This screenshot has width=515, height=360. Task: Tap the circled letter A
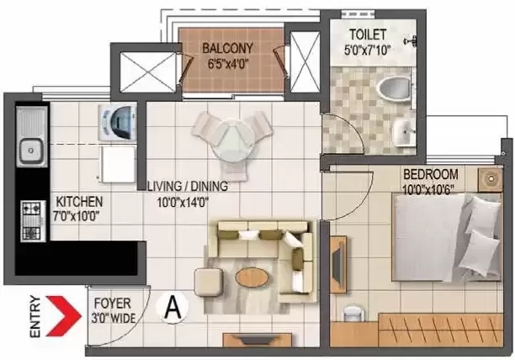tap(173, 308)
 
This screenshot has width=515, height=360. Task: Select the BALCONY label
tap(227, 48)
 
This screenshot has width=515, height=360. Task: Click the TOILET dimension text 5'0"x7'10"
tap(367, 50)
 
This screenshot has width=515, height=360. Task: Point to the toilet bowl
tap(393, 87)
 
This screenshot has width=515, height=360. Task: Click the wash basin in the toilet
tap(403, 132)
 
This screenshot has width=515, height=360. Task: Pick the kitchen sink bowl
tap(31, 151)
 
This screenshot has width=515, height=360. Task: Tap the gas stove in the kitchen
tap(33, 221)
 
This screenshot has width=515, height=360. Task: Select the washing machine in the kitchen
tap(117, 122)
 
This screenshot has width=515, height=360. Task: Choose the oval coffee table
tap(252, 278)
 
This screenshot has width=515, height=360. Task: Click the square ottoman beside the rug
tap(208, 283)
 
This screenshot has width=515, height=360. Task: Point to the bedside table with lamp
tap(490, 179)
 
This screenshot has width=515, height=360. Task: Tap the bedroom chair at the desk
tap(353, 314)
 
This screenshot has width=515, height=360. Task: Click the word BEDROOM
tap(431, 174)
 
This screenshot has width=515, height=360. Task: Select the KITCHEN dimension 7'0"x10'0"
tap(77, 216)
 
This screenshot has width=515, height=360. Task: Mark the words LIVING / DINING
tap(187, 187)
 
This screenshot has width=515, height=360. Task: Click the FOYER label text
tap(112, 304)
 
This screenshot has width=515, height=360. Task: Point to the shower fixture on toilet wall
tap(411, 41)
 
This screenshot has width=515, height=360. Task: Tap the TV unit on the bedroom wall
tap(338, 264)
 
